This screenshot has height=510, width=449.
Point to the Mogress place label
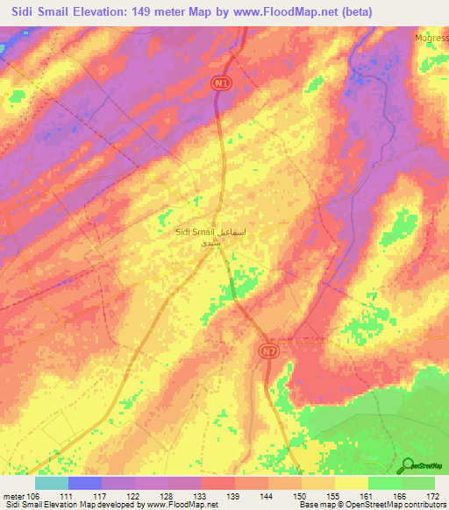[431, 39]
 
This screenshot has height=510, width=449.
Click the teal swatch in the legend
[52, 483]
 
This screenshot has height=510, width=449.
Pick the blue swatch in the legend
[85, 483]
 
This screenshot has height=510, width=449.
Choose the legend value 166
[400, 495]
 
